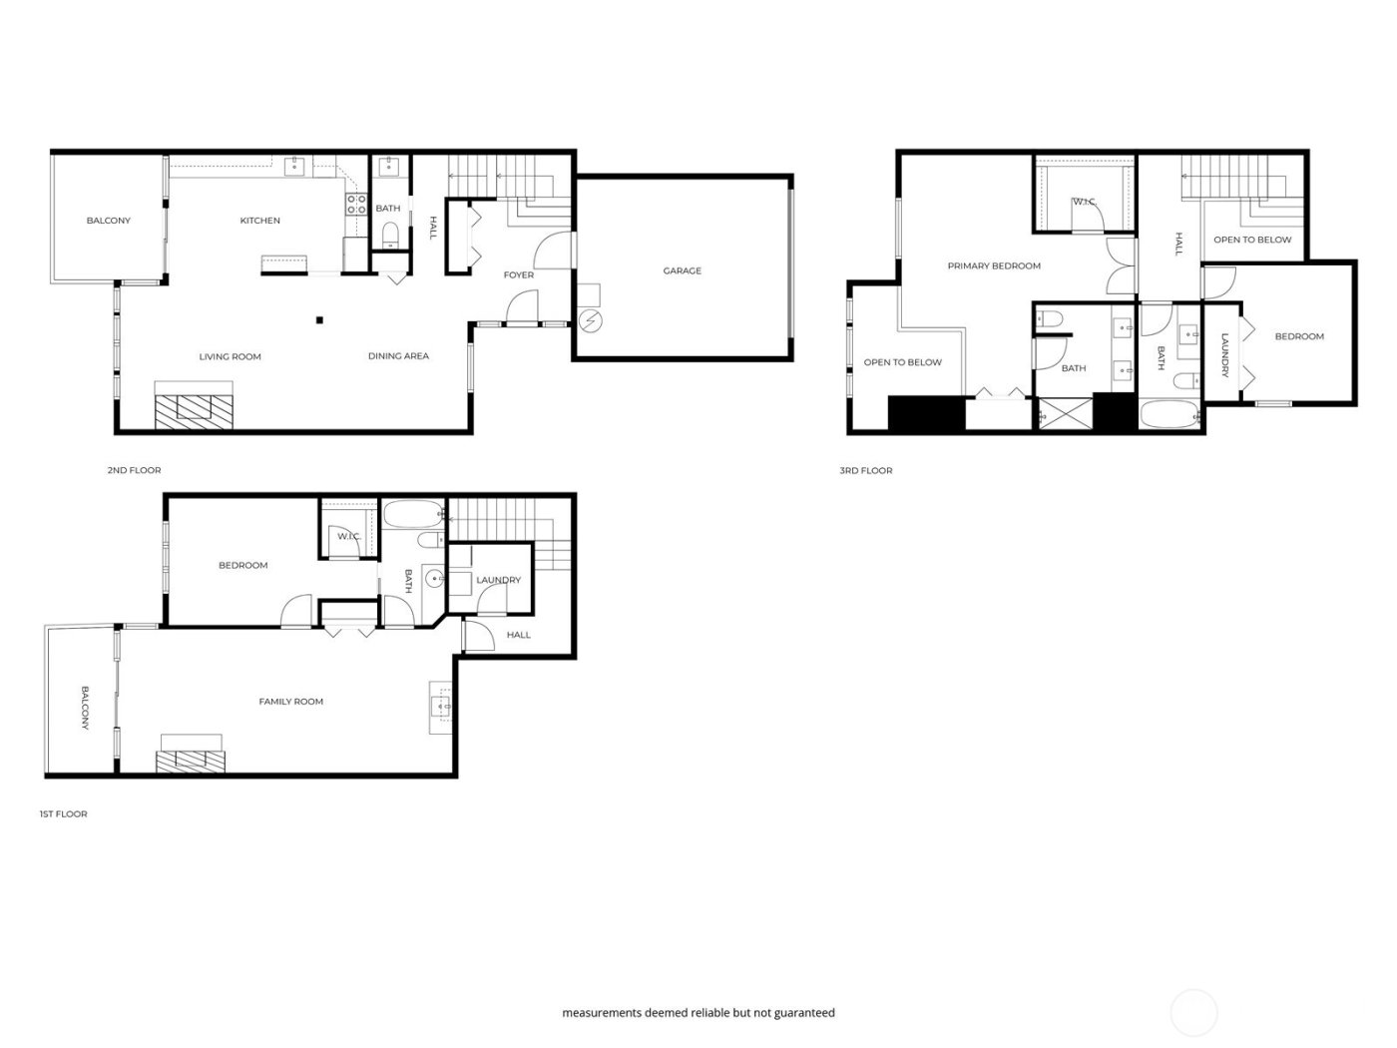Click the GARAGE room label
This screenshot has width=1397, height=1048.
point(683,270)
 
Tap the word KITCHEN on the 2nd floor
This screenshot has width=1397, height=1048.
point(259,221)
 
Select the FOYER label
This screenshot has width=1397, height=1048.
point(518,275)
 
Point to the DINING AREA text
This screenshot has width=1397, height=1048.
point(398,356)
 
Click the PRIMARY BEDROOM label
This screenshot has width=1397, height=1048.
point(994,265)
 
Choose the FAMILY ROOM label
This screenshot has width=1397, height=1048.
point(291,702)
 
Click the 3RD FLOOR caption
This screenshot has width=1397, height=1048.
point(866,470)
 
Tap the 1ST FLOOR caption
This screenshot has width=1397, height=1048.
point(64,814)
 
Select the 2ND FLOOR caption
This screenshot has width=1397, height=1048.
point(134,470)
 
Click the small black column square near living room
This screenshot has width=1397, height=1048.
point(319,320)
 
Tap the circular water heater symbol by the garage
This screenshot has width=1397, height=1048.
point(591,320)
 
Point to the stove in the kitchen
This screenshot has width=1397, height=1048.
point(355,205)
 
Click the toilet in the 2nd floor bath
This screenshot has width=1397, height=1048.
point(389,236)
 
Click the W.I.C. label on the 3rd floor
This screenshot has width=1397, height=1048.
point(1084,203)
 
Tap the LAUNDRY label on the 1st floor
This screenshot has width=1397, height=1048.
point(498,580)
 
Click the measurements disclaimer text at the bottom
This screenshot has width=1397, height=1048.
point(698,1013)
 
